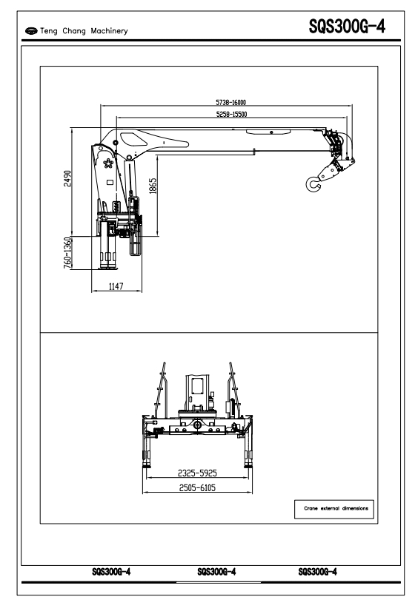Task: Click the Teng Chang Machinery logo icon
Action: click(31, 30)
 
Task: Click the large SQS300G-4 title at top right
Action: click(347, 27)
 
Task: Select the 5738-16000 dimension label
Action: click(230, 102)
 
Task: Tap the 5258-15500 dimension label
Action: click(232, 114)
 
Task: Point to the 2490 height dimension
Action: click(67, 178)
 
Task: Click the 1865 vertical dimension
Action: click(153, 186)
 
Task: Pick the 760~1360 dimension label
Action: click(67, 253)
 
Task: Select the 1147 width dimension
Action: click(116, 286)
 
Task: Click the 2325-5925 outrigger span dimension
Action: click(197, 473)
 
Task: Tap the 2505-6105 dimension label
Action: click(197, 487)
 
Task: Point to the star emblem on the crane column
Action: click(108, 163)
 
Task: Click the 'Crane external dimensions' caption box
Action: click(334, 509)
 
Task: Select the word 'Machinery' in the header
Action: click(109, 30)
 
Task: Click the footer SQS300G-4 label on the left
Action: click(111, 572)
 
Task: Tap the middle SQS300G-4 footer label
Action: click(216, 572)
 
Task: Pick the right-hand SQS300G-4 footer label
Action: click(317, 572)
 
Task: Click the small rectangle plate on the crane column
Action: click(110, 182)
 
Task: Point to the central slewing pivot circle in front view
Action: click(198, 425)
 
